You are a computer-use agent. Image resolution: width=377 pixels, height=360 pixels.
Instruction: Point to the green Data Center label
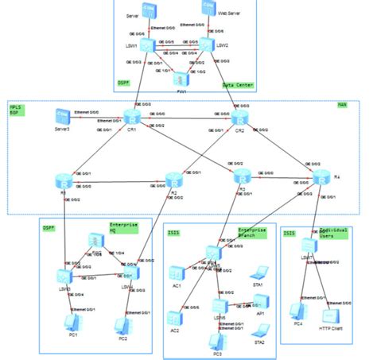[x=238, y=84]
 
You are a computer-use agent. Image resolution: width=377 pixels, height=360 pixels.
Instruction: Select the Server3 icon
[x=62, y=117]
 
